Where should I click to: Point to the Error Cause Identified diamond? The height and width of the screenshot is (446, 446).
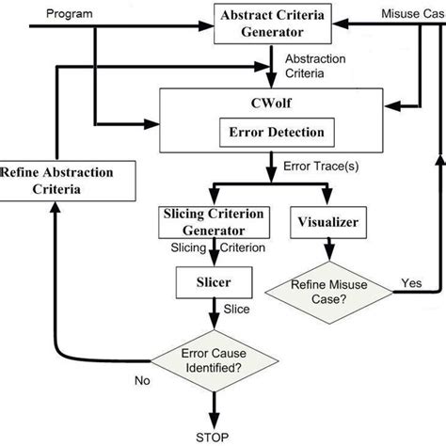tap(213, 361)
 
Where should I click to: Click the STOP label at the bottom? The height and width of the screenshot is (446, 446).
tap(213, 436)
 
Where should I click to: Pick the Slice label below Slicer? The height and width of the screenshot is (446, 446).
tap(237, 308)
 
